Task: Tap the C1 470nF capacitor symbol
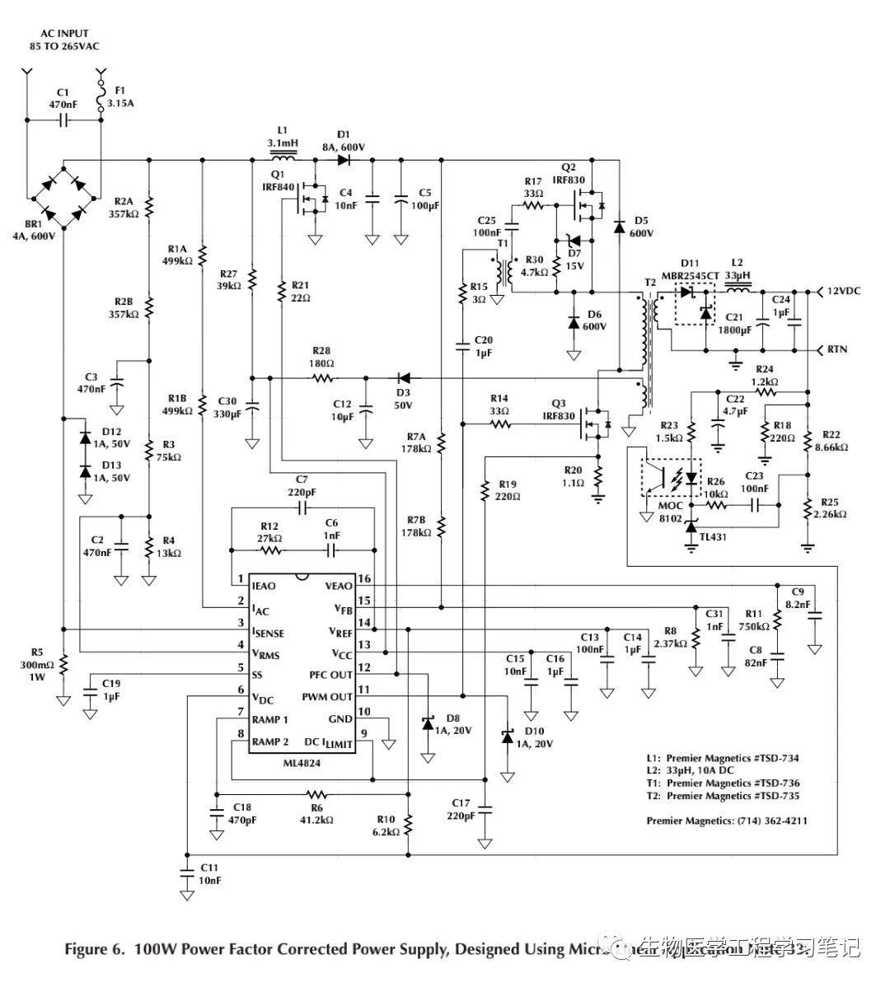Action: (x=64, y=120)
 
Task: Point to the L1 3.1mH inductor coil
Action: (x=283, y=158)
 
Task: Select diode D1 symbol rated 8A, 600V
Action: (x=344, y=159)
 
